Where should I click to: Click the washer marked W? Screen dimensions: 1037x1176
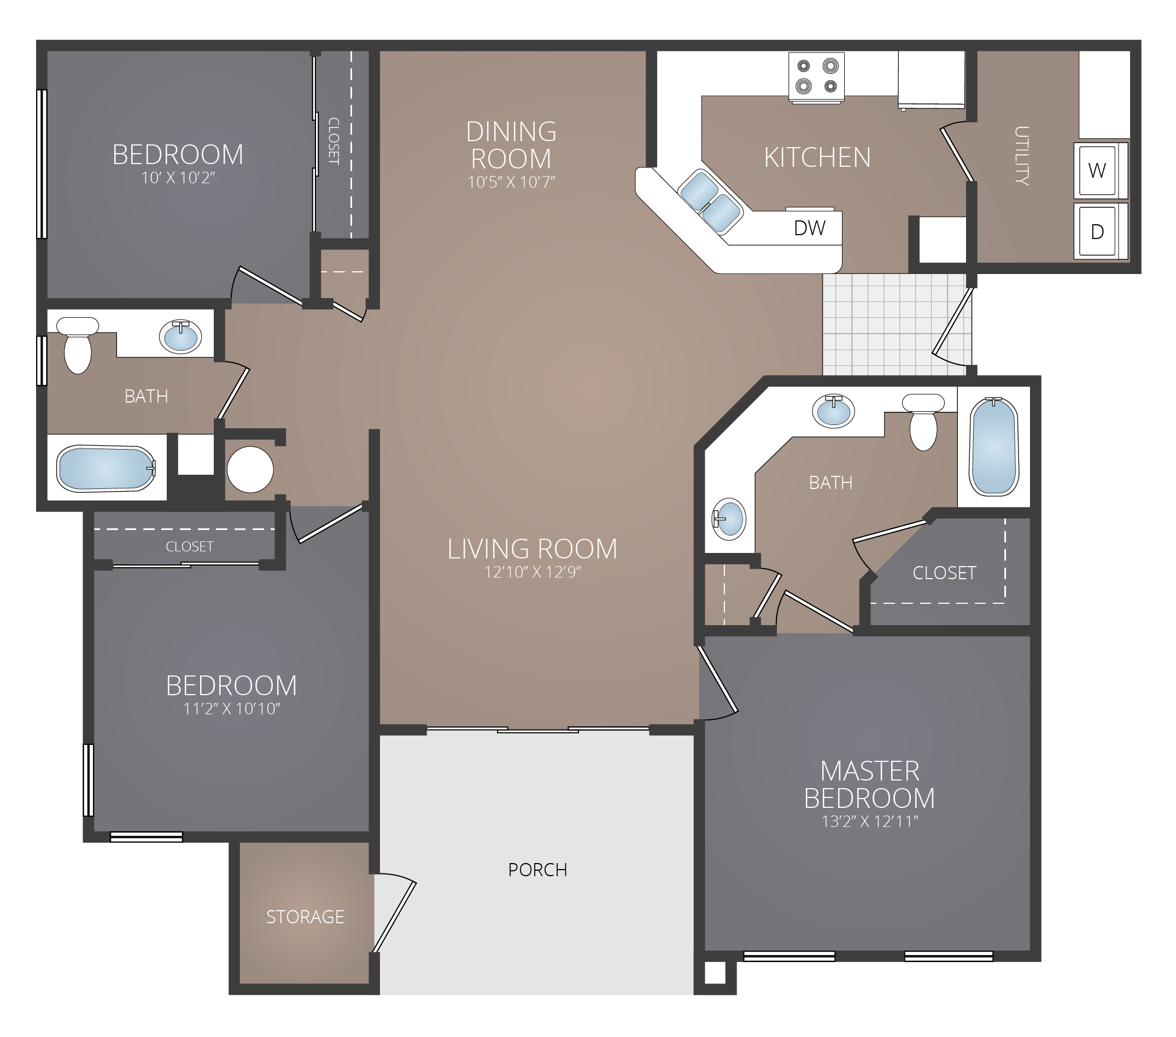tap(1097, 170)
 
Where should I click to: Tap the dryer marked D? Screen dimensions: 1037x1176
tap(1097, 231)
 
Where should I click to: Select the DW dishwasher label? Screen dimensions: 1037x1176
tap(810, 229)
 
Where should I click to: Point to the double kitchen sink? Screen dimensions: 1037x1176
tap(710, 201)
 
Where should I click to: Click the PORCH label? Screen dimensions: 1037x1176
tap(537, 870)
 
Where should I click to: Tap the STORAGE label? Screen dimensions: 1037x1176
tap(305, 917)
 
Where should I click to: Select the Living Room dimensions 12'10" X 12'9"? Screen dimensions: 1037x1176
tap(532, 572)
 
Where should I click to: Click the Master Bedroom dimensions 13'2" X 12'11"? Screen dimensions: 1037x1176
tap(869, 822)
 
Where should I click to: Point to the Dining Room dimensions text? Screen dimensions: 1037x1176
tap(511, 183)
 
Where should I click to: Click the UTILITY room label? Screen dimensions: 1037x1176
tap(1021, 155)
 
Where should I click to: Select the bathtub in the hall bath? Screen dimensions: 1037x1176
tap(106, 468)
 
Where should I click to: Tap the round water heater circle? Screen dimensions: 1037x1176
tap(250, 470)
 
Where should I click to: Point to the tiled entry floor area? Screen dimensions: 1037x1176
tap(886, 325)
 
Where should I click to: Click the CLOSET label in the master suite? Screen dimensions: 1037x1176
tap(944, 573)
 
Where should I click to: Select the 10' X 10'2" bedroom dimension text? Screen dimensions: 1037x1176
tap(178, 178)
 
